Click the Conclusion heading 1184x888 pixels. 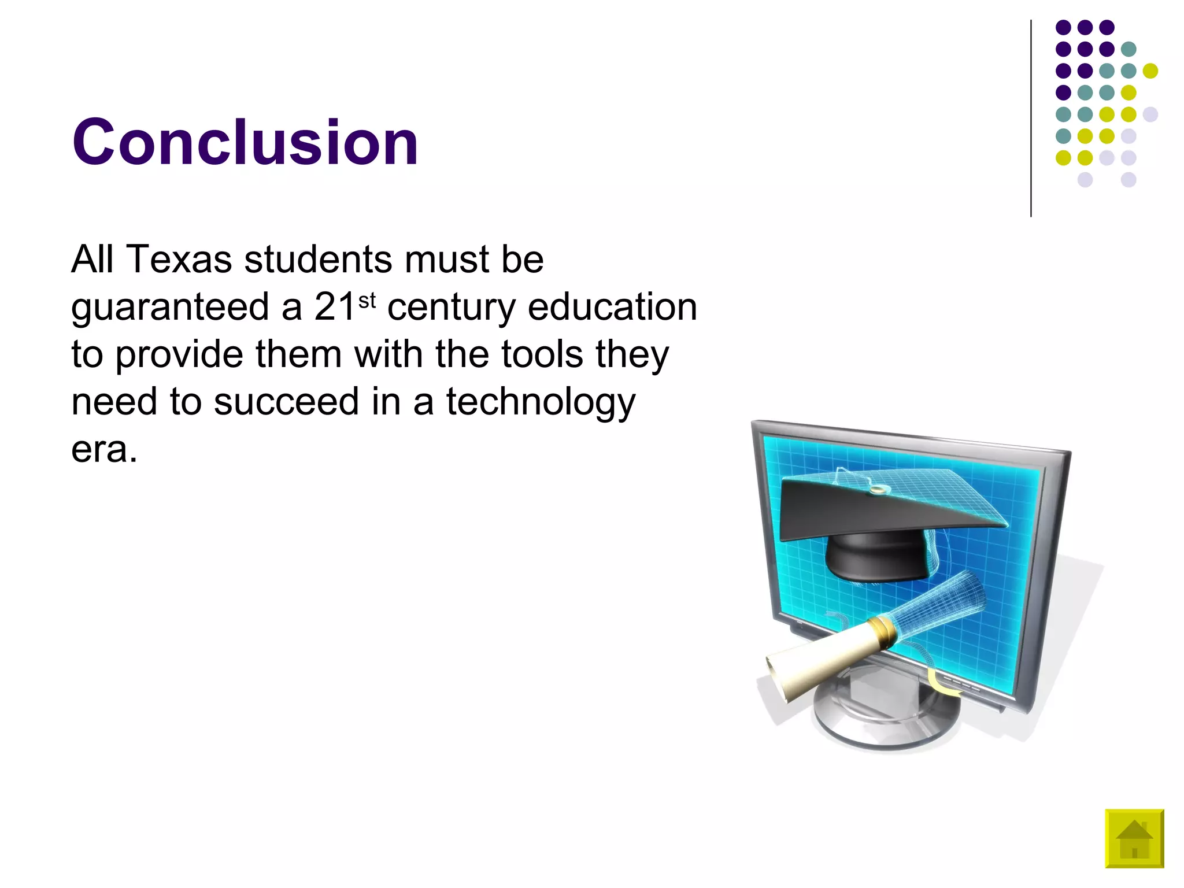point(245,142)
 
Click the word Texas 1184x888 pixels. point(179,259)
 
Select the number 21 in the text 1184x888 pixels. point(335,306)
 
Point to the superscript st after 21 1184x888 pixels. point(367,300)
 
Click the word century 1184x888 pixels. point(451,308)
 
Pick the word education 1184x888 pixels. point(612,306)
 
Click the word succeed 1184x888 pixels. point(286,401)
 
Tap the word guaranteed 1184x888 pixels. point(170,308)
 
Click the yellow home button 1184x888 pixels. point(1134,838)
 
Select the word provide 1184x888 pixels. point(179,355)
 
